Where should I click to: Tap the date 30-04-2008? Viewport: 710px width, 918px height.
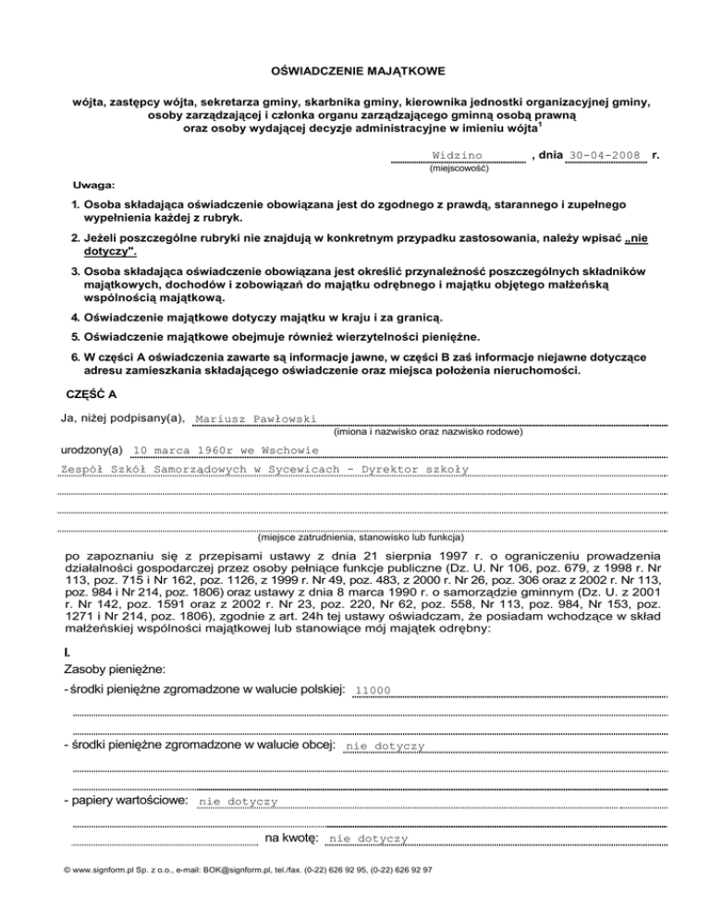(x=606, y=154)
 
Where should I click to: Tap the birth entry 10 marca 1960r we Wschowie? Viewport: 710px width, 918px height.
(x=226, y=451)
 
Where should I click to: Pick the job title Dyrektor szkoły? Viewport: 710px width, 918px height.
(x=420, y=469)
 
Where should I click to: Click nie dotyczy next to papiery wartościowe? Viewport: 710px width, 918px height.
(x=239, y=803)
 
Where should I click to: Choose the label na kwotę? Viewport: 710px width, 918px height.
(x=292, y=838)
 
